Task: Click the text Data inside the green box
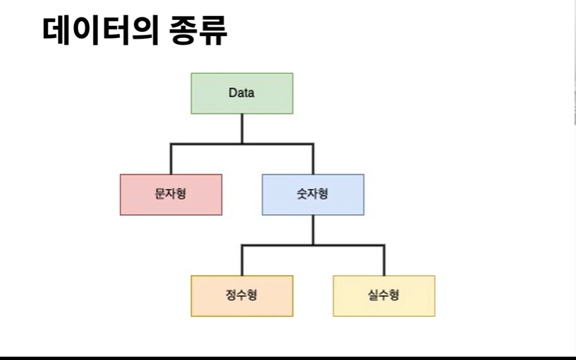coord(241,93)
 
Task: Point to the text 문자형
coord(171,194)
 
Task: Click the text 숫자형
coord(313,194)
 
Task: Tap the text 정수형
coord(241,295)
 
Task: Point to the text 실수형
coord(383,295)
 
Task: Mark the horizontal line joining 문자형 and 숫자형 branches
coord(207,143)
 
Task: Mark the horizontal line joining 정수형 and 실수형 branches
coord(347,245)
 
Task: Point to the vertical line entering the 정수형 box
coord(242,261)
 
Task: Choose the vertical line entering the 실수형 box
coord(384,261)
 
